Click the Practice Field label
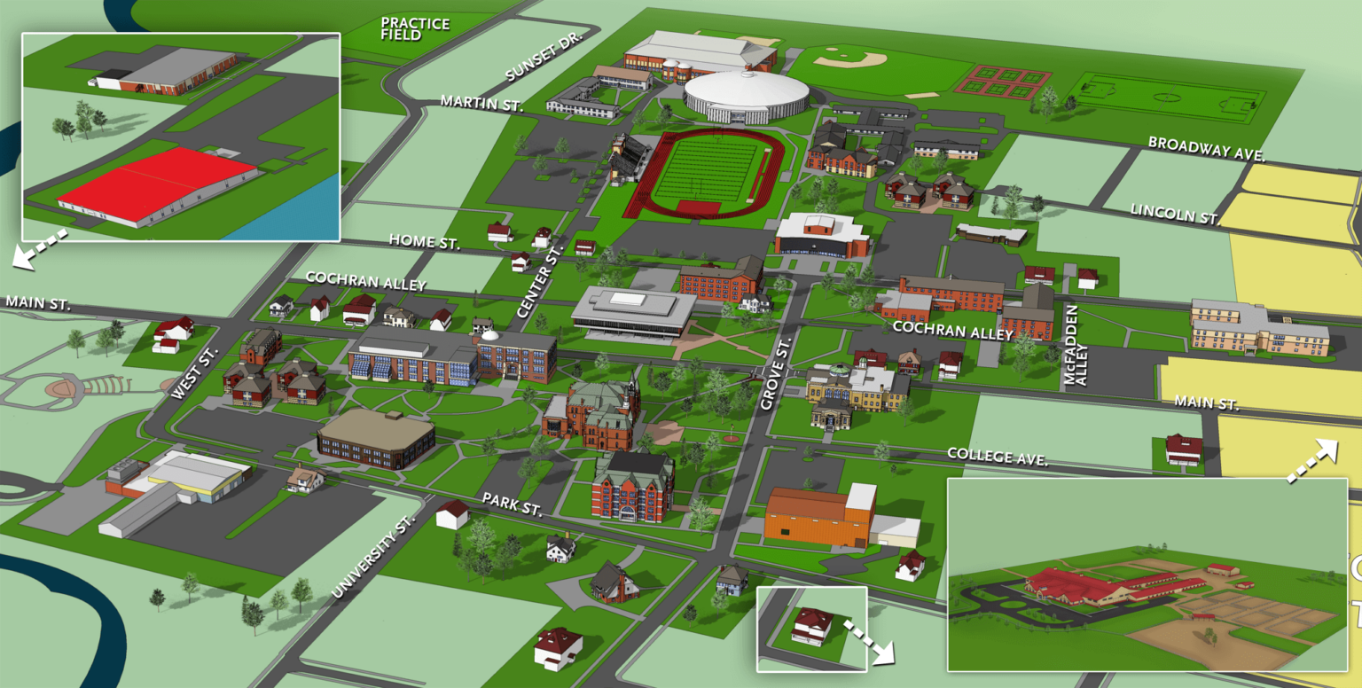point(415,29)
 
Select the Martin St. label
point(482,103)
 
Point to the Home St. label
point(424,242)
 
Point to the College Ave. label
point(998,457)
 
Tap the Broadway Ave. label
point(1206,147)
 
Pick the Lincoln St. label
point(1172,212)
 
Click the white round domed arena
point(746,94)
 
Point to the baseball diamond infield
point(851,59)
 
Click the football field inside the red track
point(705,170)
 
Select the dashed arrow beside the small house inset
point(868,641)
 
